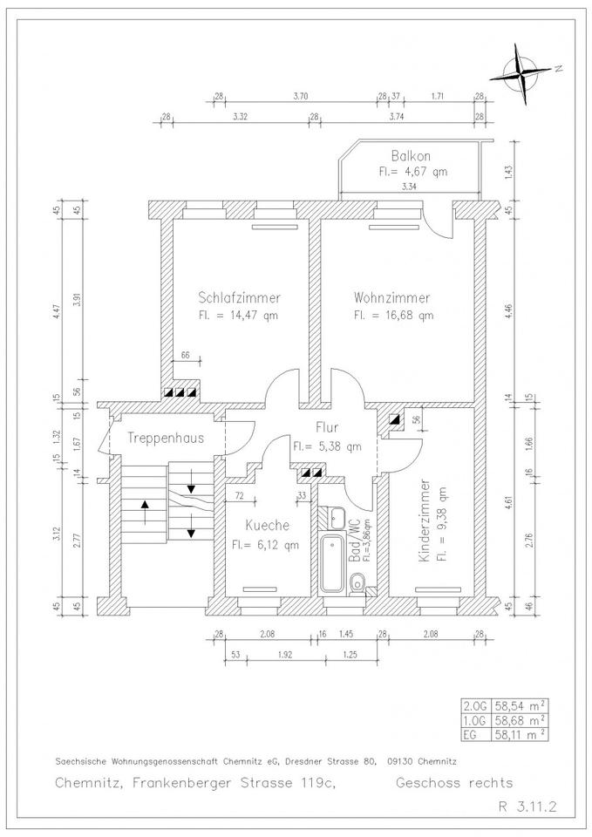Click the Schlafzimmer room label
(x=239, y=297)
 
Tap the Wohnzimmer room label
(x=392, y=297)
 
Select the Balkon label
(x=407, y=155)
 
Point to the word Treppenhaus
(x=165, y=438)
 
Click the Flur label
(x=329, y=429)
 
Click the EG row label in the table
(x=472, y=734)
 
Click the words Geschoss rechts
(x=454, y=783)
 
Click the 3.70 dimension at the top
(x=302, y=95)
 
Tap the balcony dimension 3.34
(x=407, y=187)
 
